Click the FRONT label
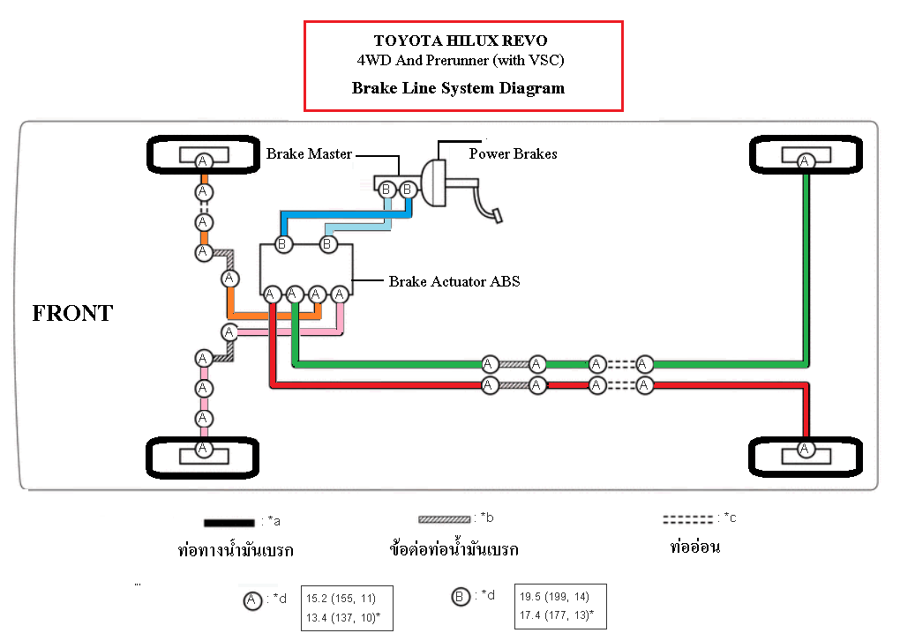72,313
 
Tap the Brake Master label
310,154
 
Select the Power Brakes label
513,154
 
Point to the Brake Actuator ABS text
454,281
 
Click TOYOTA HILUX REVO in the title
461,41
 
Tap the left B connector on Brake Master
386,190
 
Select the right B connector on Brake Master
408,190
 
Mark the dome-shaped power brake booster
433,183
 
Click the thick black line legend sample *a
229,523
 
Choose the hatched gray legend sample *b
444,519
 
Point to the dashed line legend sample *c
688,519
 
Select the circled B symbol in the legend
461,597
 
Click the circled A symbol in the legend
252,600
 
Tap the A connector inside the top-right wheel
806,160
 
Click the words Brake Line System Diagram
458,88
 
